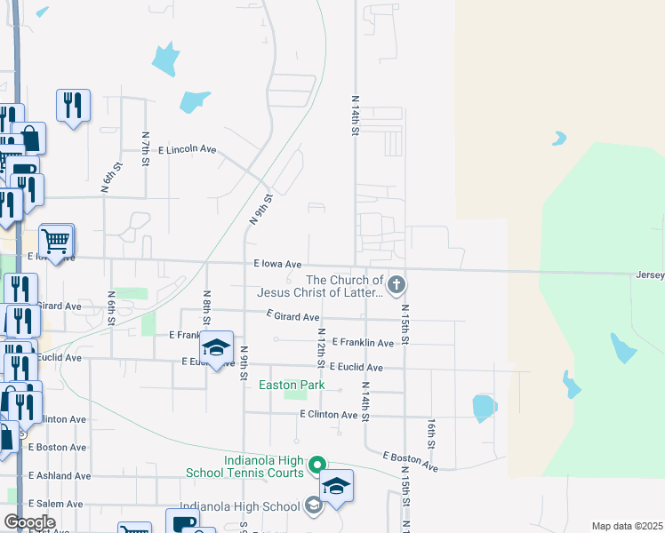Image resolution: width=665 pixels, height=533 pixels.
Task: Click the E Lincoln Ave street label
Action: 187,150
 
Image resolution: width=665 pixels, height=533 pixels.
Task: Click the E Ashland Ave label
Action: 60,476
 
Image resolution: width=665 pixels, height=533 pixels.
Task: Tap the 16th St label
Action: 430,434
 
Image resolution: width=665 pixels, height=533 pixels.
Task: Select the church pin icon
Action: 397,285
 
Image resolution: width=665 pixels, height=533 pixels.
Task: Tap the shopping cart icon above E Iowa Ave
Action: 56,240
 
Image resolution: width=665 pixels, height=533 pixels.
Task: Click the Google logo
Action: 30,522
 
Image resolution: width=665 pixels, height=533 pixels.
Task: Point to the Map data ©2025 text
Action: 627,526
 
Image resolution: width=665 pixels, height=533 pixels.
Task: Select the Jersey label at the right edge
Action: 649,275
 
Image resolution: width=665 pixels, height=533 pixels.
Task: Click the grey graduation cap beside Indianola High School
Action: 313,506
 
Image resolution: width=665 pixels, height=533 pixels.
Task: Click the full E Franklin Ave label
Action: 363,342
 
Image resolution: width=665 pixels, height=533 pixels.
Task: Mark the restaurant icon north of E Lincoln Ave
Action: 72,106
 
